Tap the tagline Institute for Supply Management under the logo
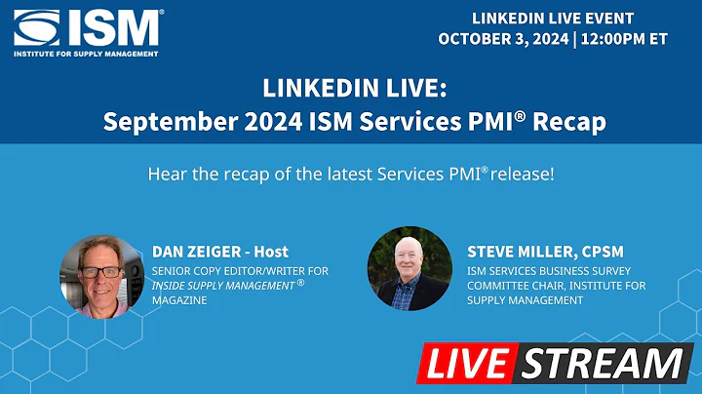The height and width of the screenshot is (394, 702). [86, 54]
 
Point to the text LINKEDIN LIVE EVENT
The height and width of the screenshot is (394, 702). [553, 19]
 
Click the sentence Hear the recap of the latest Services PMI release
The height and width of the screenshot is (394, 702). [351, 175]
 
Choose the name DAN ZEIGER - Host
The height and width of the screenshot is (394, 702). [220, 252]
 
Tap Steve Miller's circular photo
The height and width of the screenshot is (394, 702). [409, 269]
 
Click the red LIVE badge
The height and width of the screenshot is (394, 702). [467, 363]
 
